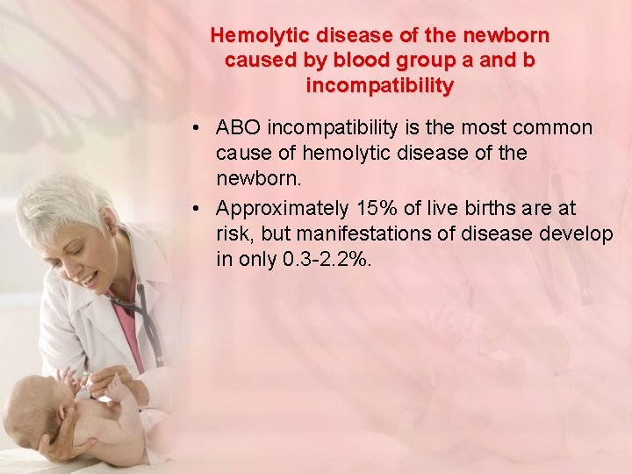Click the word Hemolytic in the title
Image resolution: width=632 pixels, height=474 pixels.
(255, 36)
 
